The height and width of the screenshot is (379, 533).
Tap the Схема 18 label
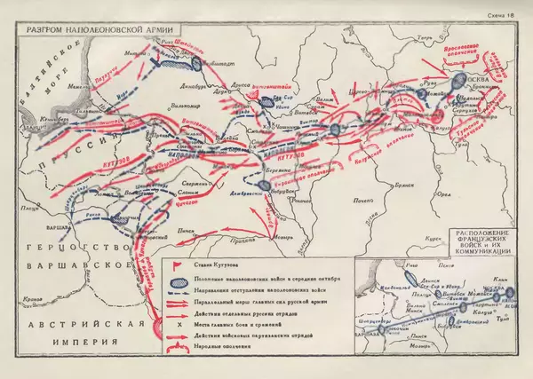[499, 14]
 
